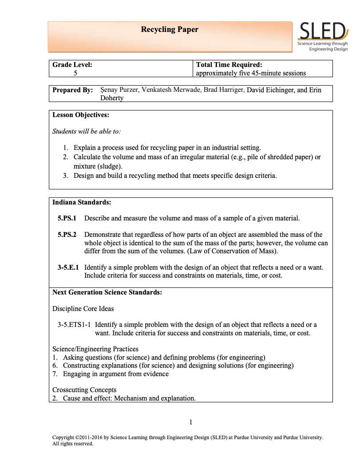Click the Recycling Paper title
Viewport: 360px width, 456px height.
click(x=170, y=30)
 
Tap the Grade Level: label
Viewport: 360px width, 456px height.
click(x=72, y=65)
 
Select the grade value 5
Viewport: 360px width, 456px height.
click(x=75, y=73)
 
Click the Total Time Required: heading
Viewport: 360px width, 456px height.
click(x=229, y=65)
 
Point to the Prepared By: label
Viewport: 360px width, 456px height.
click(x=73, y=90)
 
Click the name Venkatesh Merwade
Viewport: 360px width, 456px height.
click(x=171, y=90)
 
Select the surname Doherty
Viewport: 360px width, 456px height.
click(x=112, y=98)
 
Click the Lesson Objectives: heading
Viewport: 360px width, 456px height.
click(x=81, y=115)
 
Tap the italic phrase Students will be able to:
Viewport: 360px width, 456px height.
click(x=87, y=131)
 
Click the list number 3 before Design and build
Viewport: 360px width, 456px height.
click(x=65, y=176)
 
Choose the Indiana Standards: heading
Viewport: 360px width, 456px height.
click(x=82, y=202)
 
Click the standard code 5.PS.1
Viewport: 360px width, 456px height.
click(x=67, y=218)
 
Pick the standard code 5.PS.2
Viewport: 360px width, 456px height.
click(x=67, y=235)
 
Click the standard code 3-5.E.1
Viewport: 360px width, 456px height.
click(x=68, y=267)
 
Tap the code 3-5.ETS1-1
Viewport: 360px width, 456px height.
click(x=74, y=325)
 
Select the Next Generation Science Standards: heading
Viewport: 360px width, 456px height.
click(x=107, y=292)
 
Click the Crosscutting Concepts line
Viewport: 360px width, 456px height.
click(x=84, y=390)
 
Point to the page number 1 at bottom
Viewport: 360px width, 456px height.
click(x=190, y=422)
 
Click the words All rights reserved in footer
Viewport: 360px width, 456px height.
click(x=73, y=444)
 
